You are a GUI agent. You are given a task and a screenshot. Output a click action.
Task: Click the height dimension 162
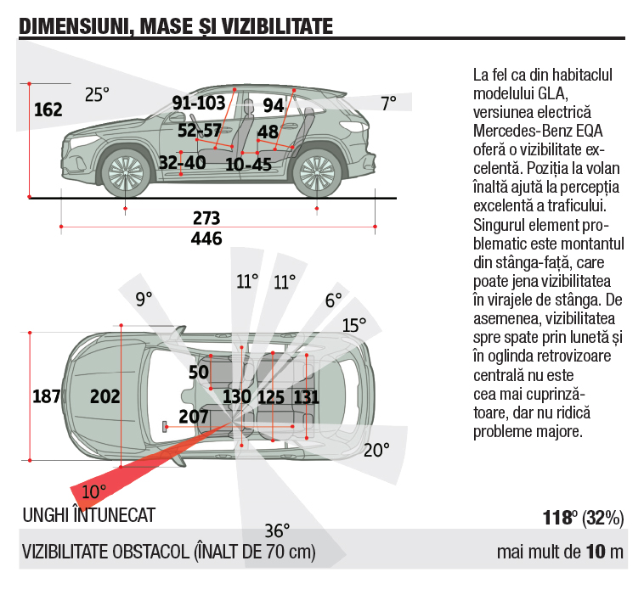[48, 109]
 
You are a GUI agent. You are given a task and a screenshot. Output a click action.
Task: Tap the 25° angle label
[98, 95]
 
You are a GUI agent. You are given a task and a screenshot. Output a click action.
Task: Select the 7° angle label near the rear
[388, 104]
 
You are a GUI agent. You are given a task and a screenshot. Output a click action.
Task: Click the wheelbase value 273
[206, 218]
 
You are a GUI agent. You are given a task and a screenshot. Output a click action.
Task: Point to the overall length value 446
[206, 238]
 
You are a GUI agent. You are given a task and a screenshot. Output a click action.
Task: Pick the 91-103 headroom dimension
[199, 104]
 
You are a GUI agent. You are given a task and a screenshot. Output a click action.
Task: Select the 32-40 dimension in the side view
[182, 161]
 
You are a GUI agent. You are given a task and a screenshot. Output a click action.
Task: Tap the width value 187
[47, 396]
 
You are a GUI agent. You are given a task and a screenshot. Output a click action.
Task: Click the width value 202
[105, 396]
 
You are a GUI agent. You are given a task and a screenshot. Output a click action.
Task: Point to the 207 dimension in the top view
[195, 416]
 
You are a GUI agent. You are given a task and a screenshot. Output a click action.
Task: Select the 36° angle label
[277, 531]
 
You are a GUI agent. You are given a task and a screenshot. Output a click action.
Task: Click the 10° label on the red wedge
[93, 491]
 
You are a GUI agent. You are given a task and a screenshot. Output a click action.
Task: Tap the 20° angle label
[376, 449]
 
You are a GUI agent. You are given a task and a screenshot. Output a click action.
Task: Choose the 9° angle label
[144, 298]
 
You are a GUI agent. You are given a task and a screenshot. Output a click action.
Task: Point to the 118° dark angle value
[559, 517]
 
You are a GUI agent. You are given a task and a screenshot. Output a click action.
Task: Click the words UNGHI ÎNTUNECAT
[88, 516]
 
